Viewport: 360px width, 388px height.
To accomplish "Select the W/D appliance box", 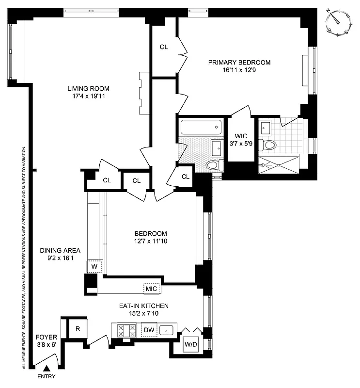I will coord(190,344).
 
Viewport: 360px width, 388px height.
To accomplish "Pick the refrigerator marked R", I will coord(77,328).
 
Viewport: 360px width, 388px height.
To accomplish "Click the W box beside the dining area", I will coord(94,266).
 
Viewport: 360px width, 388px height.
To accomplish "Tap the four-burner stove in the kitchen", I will coord(125,331).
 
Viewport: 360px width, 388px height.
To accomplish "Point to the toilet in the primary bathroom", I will coord(269,145).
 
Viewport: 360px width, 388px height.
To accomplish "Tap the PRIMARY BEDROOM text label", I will coord(239,62).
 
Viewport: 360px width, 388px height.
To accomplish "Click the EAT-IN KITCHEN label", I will coord(144,306).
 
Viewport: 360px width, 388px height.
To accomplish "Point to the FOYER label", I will coord(46,337).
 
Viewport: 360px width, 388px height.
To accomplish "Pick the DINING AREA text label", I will coord(60,251).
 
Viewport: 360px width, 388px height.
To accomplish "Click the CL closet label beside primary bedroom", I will coord(164,47).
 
